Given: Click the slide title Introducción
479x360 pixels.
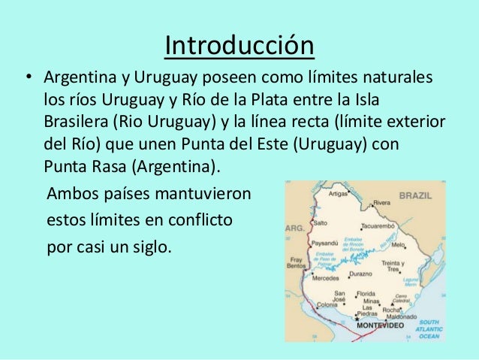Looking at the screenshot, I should [x=239, y=46].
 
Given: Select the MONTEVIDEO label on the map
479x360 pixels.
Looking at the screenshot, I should [x=381, y=327].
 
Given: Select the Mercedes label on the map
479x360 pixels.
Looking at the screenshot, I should [x=327, y=278].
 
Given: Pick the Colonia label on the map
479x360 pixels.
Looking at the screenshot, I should [x=327, y=304].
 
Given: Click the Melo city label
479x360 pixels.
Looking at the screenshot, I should [x=400, y=245].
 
